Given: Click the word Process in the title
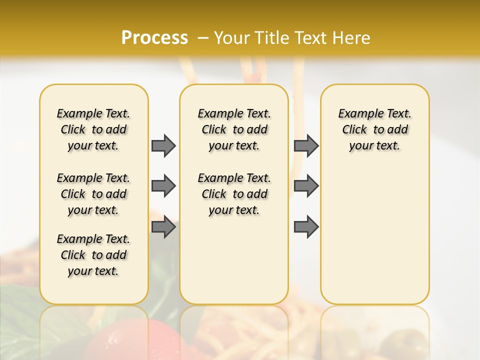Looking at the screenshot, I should point(154,37).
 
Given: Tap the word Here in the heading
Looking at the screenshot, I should point(352,37).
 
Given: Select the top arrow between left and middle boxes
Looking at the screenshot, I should point(163,145).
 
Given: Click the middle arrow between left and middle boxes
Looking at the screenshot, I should point(163,186).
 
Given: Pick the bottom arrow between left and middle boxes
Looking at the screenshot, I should point(163,227).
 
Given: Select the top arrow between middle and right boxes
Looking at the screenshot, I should point(306,145).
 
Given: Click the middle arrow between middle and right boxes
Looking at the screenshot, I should point(306,186).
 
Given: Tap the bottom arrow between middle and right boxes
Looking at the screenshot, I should point(306,227).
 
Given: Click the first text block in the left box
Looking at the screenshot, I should point(93,129).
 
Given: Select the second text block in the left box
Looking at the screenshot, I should point(93,194).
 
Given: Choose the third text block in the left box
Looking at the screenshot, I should point(93,255).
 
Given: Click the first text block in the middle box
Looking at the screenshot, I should point(234,129).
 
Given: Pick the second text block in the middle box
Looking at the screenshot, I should point(234,194).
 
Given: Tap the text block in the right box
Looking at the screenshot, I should point(374,129).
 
